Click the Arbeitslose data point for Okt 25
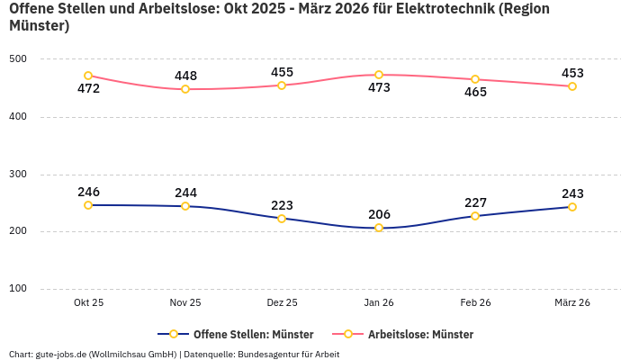pos(88,76)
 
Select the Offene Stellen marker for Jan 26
pos(379,228)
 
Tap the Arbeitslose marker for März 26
pos(572,86)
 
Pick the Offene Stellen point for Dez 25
pos(282,219)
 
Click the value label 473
pos(379,88)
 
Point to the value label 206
pos(379,214)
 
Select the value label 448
pos(185,76)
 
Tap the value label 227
pos(475,202)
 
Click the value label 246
pos(88,192)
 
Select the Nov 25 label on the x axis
pos(185,302)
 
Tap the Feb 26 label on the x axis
pos(475,302)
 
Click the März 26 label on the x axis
pos(572,302)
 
